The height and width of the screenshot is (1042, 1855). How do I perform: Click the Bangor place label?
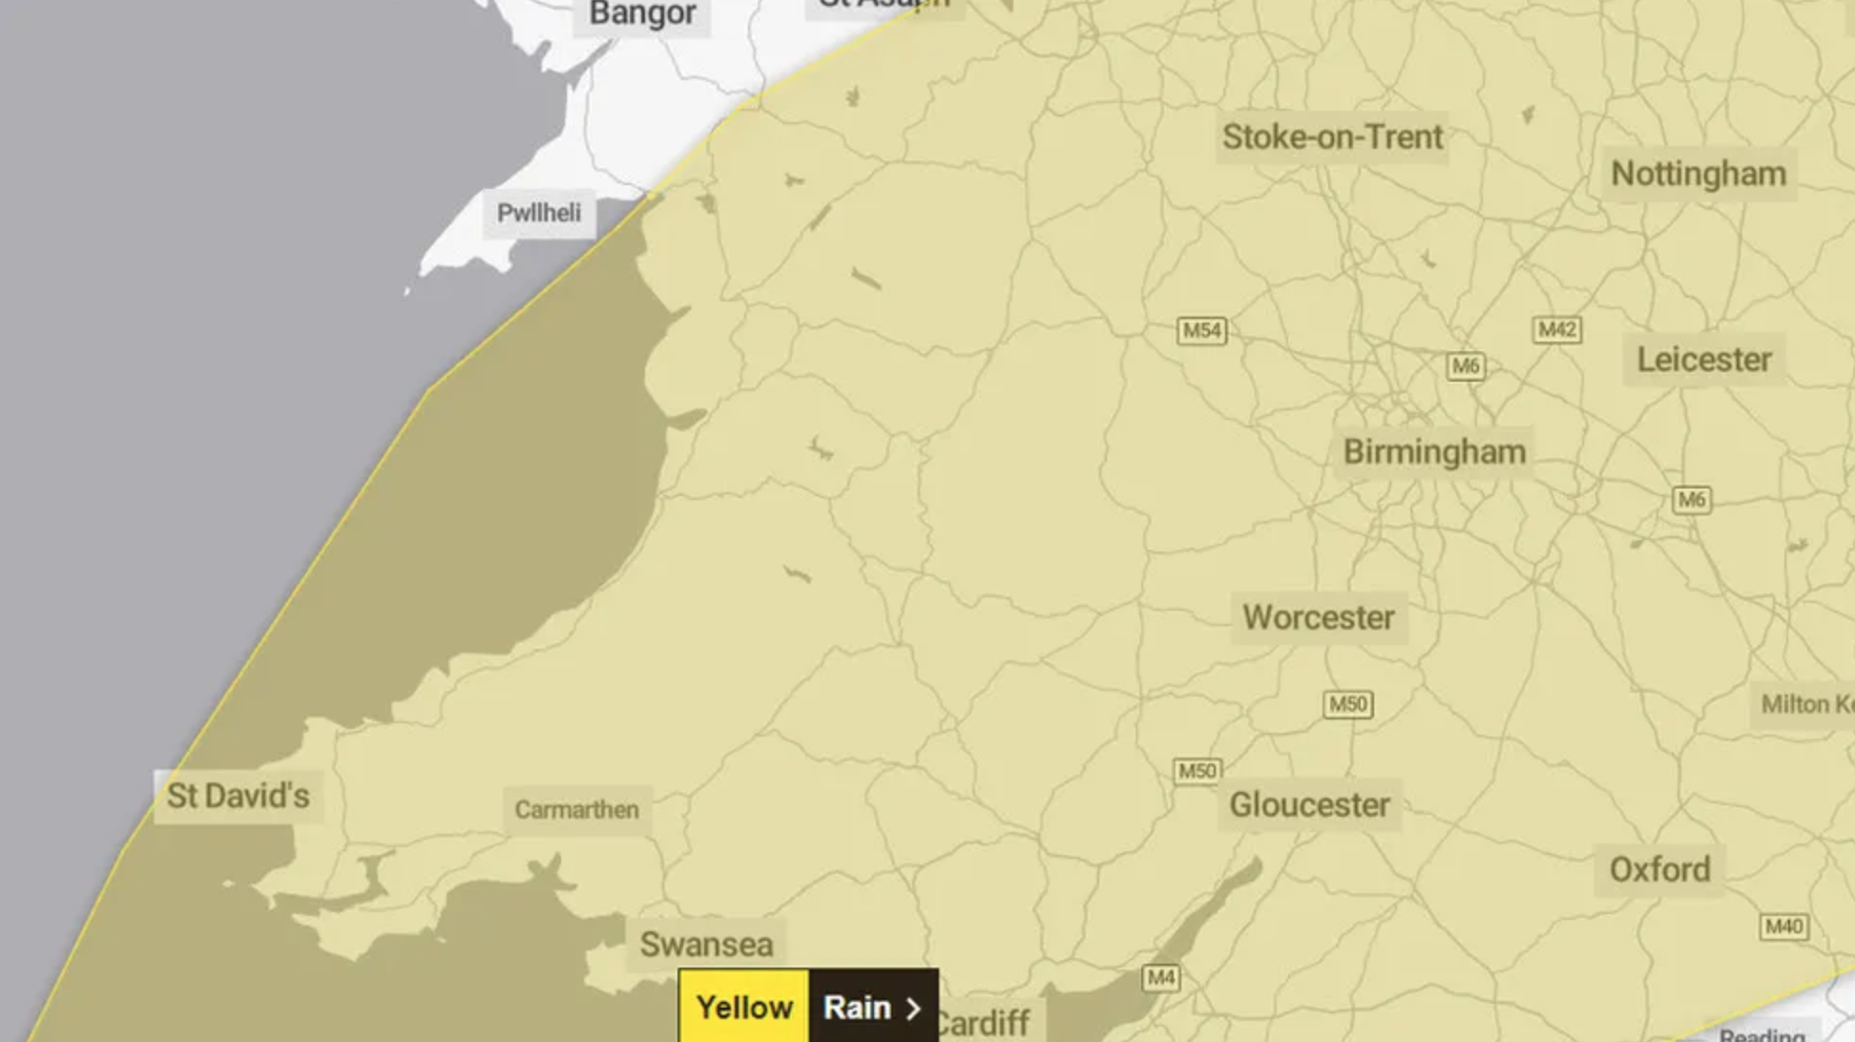tap(642, 14)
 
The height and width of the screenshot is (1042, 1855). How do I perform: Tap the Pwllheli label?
tap(539, 213)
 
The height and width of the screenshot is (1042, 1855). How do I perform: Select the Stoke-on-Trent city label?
tap(1332, 137)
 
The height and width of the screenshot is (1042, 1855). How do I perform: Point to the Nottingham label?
tap(1699, 174)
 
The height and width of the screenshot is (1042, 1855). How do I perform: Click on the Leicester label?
tap(1704, 360)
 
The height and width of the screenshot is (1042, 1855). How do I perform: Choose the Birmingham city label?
tap(1434, 452)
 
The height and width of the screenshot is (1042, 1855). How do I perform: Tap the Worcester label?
tap(1319, 617)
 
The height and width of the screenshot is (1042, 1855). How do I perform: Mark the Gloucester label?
tap(1309, 805)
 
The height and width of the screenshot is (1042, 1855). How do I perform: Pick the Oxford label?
tap(1659, 870)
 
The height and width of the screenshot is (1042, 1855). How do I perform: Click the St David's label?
tap(239, 796)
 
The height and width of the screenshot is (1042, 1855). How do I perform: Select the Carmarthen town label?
tap(576, 810)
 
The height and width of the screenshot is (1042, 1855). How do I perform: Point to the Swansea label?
tap(706, 945)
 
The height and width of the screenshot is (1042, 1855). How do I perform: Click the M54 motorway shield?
tap(1201, 331)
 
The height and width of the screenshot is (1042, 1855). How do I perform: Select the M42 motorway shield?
tap(1556, 330)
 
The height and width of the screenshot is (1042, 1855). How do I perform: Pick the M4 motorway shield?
tap(1160, 978)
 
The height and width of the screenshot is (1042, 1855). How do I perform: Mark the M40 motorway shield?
tap(1783, 927)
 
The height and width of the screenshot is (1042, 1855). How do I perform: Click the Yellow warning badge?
tap(744, 1008)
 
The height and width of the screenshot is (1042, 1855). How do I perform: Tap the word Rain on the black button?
tap(857, 1008)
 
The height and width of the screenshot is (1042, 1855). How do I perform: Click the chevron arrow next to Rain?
tap(913, 1009)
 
